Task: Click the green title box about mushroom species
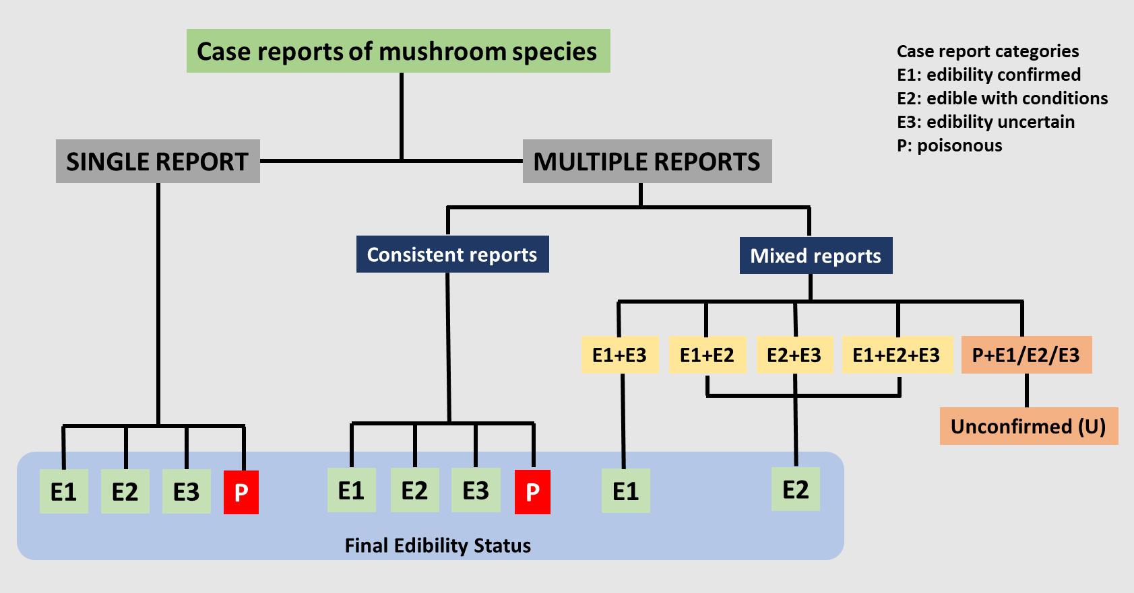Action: pyautogui.click(x=398, y=51)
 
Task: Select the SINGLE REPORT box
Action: pyautogui.click(x=158, y=162)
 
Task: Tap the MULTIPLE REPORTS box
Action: pyautogui.click(x=647, y=162)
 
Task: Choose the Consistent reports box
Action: pyautogui.click(x=453, y=254)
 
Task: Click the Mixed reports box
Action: pyautogui.click(x=815, y=256)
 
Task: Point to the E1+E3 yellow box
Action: pyautogui.click(x=620, y=355)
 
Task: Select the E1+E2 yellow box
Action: pyautogui.click(x=707, y=355)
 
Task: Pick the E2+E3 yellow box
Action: pyautogui.click(x=794, y=355)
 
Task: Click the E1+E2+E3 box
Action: pyautogui.click(x=897, y=355)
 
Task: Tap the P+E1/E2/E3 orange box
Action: pyautogui.click(x=1026, y=355)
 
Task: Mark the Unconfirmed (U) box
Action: pyautogui.click(x=1029, y=426)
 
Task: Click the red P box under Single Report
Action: pyautogui.click(x=241, y=493)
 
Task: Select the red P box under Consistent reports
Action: pyautogui.click(x=532, y=492)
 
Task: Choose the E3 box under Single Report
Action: pyautogui.click(x=186, y=491)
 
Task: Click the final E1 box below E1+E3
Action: pyautogui.click(x=626, y=491)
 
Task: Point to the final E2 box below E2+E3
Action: pyautogui.click(x=795, y=489)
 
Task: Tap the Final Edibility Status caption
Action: pyautogui.click(x=438, y=546)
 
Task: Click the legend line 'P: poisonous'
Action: pyautogui.click(x=949, y=145)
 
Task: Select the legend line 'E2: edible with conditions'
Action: pyautogui.click(x=1003, y=98)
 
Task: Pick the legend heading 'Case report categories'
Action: pyautogui.click(x=988, y=51)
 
